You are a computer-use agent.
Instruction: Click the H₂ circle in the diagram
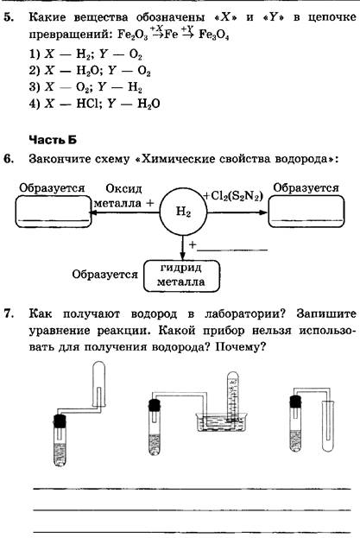pos(183,212)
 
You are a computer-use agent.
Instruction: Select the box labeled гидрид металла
pos(181,275)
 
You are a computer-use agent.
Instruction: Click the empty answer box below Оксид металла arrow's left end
pos(54,212)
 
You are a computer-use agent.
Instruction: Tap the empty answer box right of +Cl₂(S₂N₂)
pos(306,212)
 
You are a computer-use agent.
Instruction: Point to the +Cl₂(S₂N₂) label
pos(233,196)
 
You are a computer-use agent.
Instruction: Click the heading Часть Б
pos(53,140)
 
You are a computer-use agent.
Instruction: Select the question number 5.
pos(9,17)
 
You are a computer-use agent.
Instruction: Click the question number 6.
pos(9,159)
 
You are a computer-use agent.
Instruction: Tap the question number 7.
pos(9,313)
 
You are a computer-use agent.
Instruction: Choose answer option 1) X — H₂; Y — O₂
pos(85,54)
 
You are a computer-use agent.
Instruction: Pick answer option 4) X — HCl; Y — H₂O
pos(94,104)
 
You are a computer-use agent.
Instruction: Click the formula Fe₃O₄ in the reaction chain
pos(213,35)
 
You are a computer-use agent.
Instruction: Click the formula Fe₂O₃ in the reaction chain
pos(132,35)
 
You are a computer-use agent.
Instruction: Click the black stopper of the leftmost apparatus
pos(60,421)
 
